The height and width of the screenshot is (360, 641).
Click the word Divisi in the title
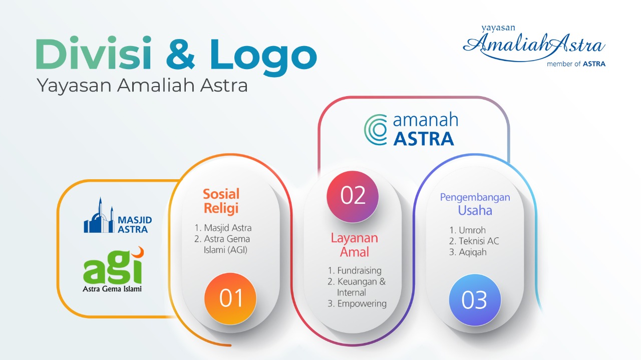pyautogui.click(x=93, y=53)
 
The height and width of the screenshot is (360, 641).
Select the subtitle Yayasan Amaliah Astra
pyautogui.click(x=142, y=85)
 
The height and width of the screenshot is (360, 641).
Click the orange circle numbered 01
pyautogui.click(x=230, y=298)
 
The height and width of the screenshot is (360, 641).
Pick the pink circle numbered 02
pyautogui.click(x=353, y=197)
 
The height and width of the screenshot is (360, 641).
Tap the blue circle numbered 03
pyautogui.click(x=475, y=300)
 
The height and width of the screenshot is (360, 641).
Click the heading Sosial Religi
pyautogui.click(x=221, y=201)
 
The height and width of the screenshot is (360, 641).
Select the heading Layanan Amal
pyautogui.click(x=354, y=245)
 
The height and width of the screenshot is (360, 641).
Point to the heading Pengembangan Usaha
pyautogui.click(x=475, y=204)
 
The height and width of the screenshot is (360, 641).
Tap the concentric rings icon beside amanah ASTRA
pyautogui.click(x=376, y=130)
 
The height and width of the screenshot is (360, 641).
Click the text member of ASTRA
pyautogui.click(x=576, y=64)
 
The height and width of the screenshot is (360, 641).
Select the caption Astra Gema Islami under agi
pyautogui.click(x=112, y=289)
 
